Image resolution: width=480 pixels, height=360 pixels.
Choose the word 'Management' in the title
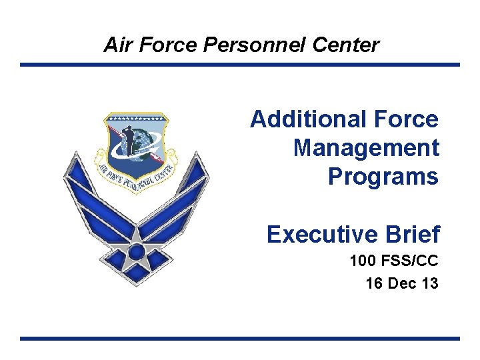(x=366, y=148)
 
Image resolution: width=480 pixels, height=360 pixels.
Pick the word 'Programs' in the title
(x=383, y=177)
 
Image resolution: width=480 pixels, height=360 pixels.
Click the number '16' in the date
(x=374, y=283)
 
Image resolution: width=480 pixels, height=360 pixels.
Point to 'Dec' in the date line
(x=402, y=283)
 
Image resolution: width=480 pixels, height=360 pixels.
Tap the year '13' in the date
(x=430, y=283)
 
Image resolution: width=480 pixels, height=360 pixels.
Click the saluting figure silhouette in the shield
(x=130, y=139)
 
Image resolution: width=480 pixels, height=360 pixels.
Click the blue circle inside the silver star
(x=136, y=252)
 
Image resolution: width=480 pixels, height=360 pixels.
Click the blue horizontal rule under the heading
(x=240, y=65)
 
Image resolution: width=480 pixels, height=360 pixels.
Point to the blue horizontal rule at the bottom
(x=240, y=339)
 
